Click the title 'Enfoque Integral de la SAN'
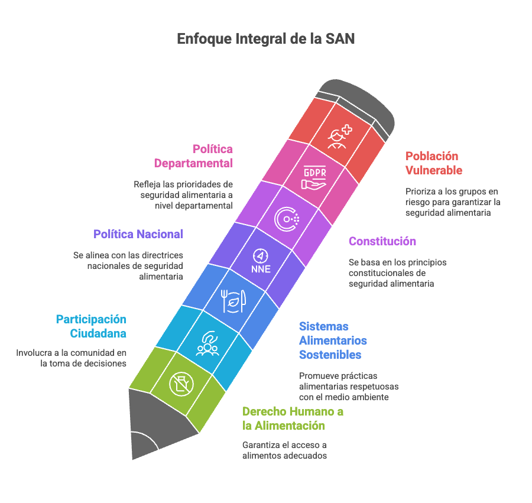[x=266, y=40]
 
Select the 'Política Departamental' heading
[x=193, y=156]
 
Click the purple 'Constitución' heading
[x=382, y=241]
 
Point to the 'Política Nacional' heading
[x=138, y=234]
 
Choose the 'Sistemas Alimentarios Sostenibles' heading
[x=333, y=340]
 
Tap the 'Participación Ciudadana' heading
[x=92, y=326]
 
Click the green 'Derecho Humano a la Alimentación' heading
[x=293, y=418]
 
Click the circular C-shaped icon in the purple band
[x=287, y=219]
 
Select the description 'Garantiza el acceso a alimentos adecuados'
[x=284, y=450]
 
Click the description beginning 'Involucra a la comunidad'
[x=72, y=358]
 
